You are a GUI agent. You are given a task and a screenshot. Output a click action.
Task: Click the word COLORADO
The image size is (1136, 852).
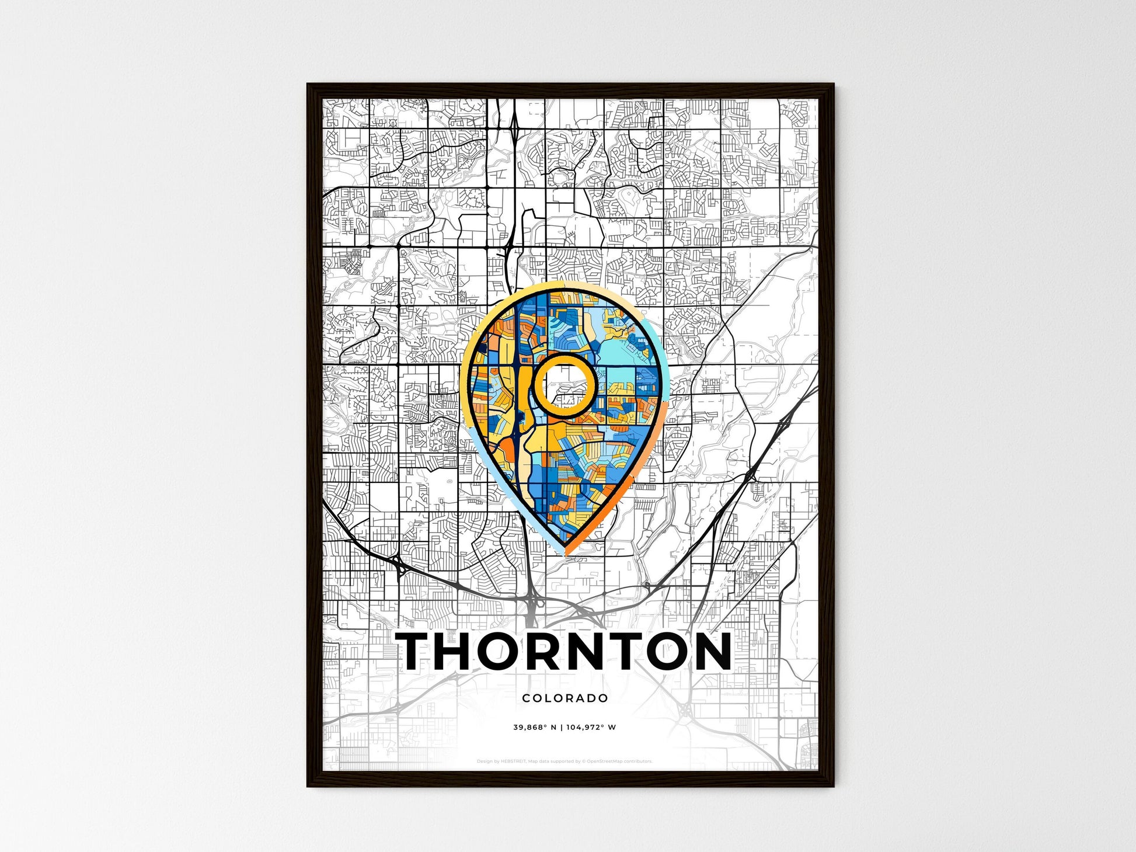565,698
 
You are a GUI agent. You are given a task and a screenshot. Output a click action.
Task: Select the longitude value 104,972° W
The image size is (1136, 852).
591,728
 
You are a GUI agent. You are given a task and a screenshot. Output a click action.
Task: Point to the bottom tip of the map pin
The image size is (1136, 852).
565,552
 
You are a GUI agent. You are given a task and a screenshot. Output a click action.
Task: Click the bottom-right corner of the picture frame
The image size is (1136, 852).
833,786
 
